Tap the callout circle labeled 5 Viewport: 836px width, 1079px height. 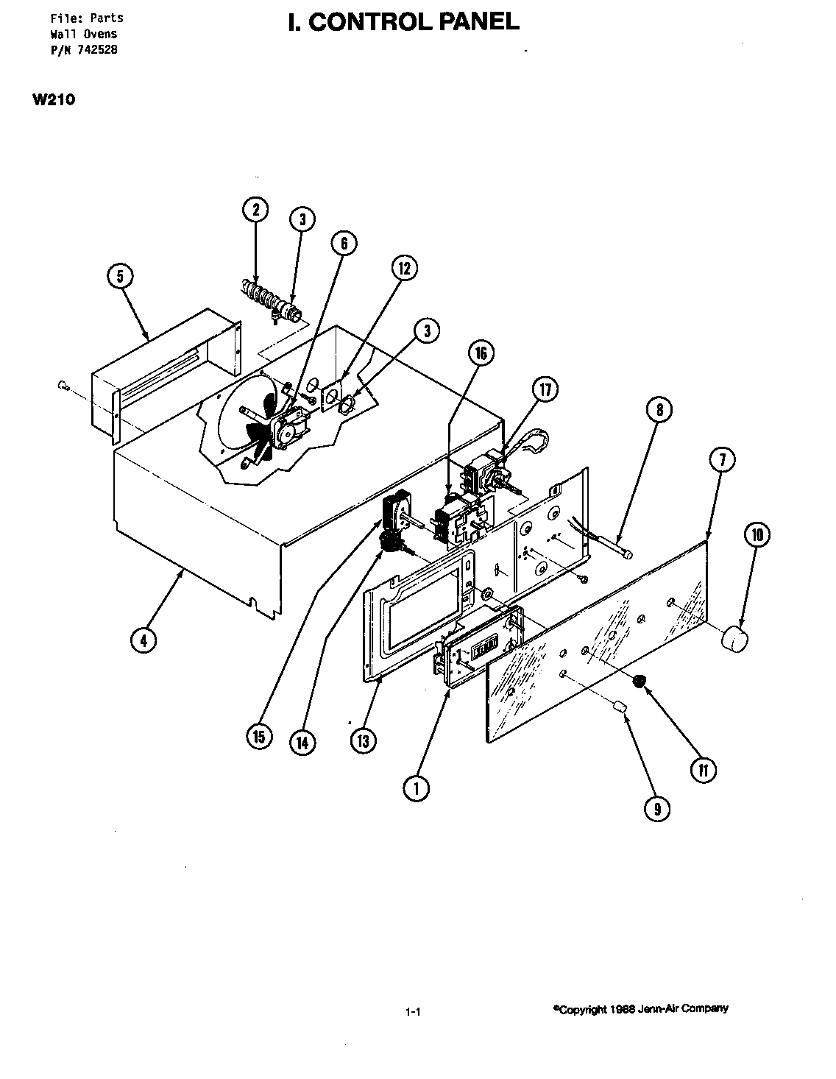tap(121, 276)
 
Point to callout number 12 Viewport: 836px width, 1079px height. tap(404, 269)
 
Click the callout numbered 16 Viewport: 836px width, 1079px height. tap(481, 354)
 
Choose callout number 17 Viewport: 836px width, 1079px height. tap(545, 389)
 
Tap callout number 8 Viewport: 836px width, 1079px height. tap(659, 409)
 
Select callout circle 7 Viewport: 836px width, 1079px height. tap(722, 460)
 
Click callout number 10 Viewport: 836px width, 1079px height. tap(757, 535)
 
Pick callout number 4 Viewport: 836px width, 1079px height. tap(144, 640)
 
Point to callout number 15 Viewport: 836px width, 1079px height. tap(259, 736)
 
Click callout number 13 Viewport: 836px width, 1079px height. tap(362, 740)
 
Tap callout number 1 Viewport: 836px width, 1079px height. tap(416, 788)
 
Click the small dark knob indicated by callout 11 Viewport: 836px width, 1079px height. tap(641, 681)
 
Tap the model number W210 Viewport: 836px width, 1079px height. tap(53, 100)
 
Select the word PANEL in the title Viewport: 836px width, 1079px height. tap(479, 22)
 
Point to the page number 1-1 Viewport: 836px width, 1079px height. tap(412, 1013)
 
